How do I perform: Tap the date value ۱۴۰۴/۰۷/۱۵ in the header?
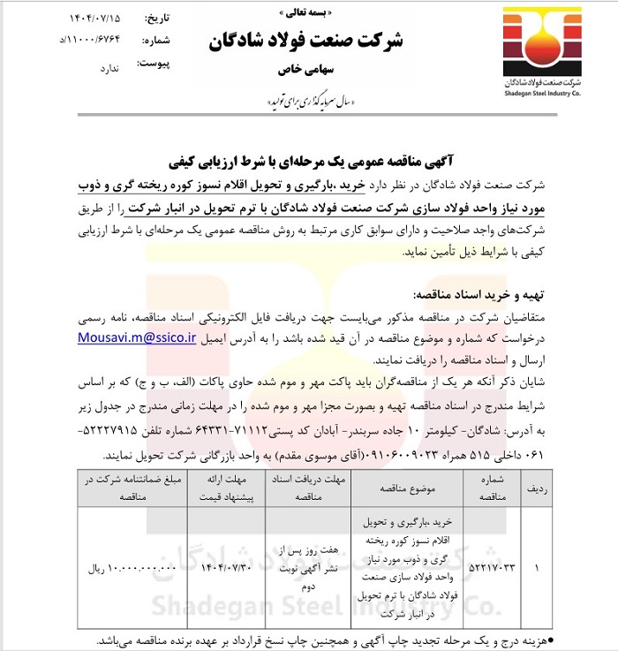coord(99,18)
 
